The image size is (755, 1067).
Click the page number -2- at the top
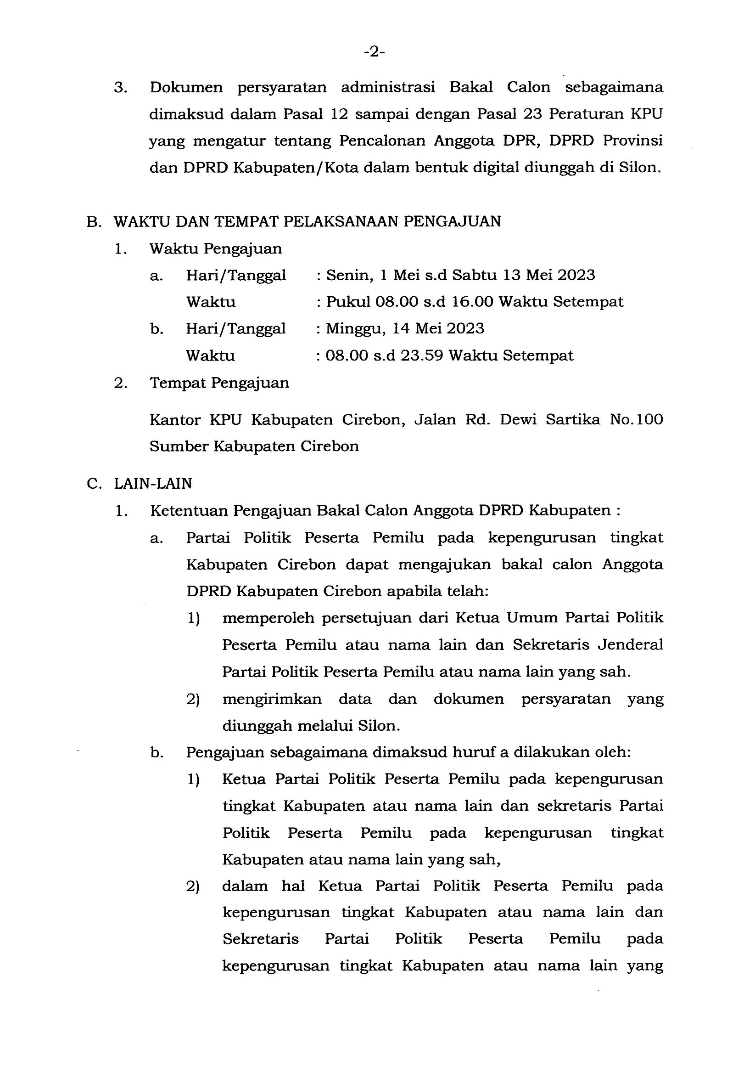pos(375,52)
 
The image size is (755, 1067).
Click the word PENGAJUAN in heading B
pos(452,221)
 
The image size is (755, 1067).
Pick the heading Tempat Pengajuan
pos(219,383)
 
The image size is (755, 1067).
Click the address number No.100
pos(637,420)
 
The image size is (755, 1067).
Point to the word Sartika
pos(573,420)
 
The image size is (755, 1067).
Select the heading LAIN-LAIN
pos(153,484)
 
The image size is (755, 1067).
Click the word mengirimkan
pos(272,699)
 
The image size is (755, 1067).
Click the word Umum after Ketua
pos(532,618)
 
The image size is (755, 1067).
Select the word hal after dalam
pos(293,886)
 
